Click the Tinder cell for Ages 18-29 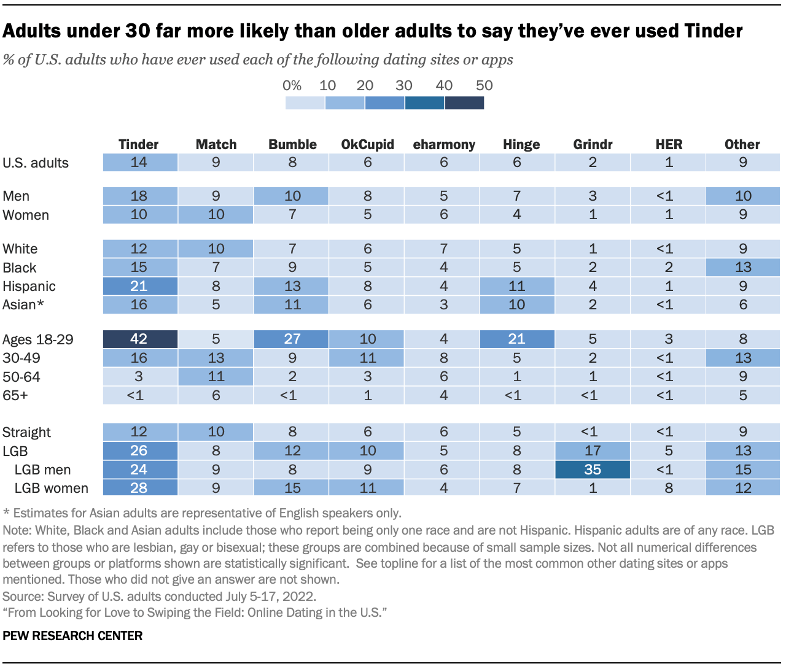[140, 339]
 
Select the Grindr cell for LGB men [593, 470]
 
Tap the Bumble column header [292, 144]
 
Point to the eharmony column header [444, 144]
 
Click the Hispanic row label [29, 286]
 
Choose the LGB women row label [51, 488]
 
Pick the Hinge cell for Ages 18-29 [517, 339]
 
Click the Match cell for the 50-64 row [216, 376]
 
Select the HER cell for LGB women [668, 488]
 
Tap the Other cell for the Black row [743, 268]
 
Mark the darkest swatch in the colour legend [464, 102]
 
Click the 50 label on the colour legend [484, 85]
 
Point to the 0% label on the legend [292, 85]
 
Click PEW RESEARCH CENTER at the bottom [72, 636]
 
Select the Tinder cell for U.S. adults [140, 163]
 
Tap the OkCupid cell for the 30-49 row [367, 358]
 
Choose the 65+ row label [15, 395]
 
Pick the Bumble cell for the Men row [292, 196]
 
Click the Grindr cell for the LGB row [593, 451]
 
